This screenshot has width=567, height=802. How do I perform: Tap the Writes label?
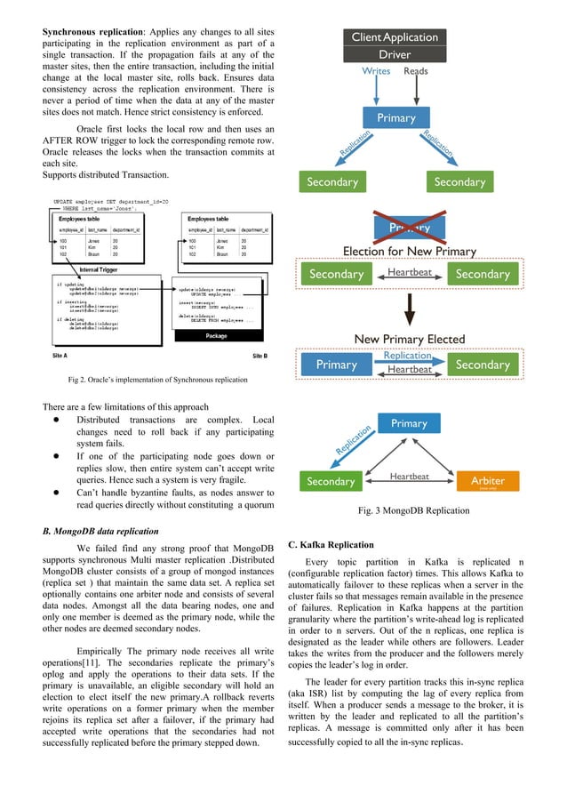click(x=375, y=71)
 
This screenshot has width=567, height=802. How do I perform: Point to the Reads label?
click(x=416, y=71)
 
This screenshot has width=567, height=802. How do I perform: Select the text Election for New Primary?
click(x=409, y=251)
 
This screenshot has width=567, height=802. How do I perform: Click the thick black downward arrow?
click(x=410, y=310)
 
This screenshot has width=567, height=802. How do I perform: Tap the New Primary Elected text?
click(x=409, y=339)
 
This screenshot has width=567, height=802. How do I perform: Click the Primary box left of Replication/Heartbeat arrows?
click(x=336, y=365)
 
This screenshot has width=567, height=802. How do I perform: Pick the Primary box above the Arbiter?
click(x=409, y=424)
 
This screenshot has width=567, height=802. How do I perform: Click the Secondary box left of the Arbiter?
click(x=331, y=481)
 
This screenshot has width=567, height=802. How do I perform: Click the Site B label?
click(x=260, y=355)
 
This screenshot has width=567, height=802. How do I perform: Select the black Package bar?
click(x=216, y=336)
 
